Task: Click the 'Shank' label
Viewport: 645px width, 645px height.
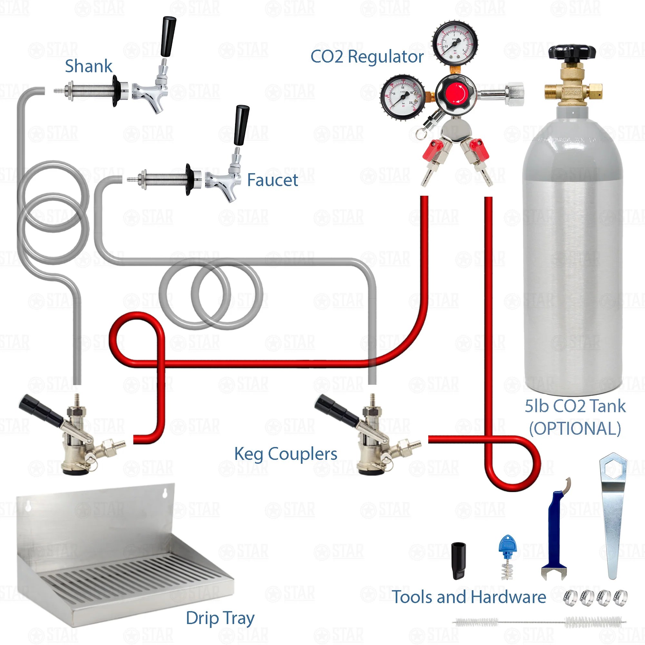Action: [x=88, y=66]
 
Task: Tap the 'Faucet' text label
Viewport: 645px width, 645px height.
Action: [x=273, y=180]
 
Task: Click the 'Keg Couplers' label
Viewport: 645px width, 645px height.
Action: [x=285, y=454]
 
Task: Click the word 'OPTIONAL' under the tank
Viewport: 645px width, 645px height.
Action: [x=575, y=428]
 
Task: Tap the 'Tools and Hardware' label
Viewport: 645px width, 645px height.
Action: [x=469, y=597]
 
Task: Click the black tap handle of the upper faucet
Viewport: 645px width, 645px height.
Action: [x=168, y=37]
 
